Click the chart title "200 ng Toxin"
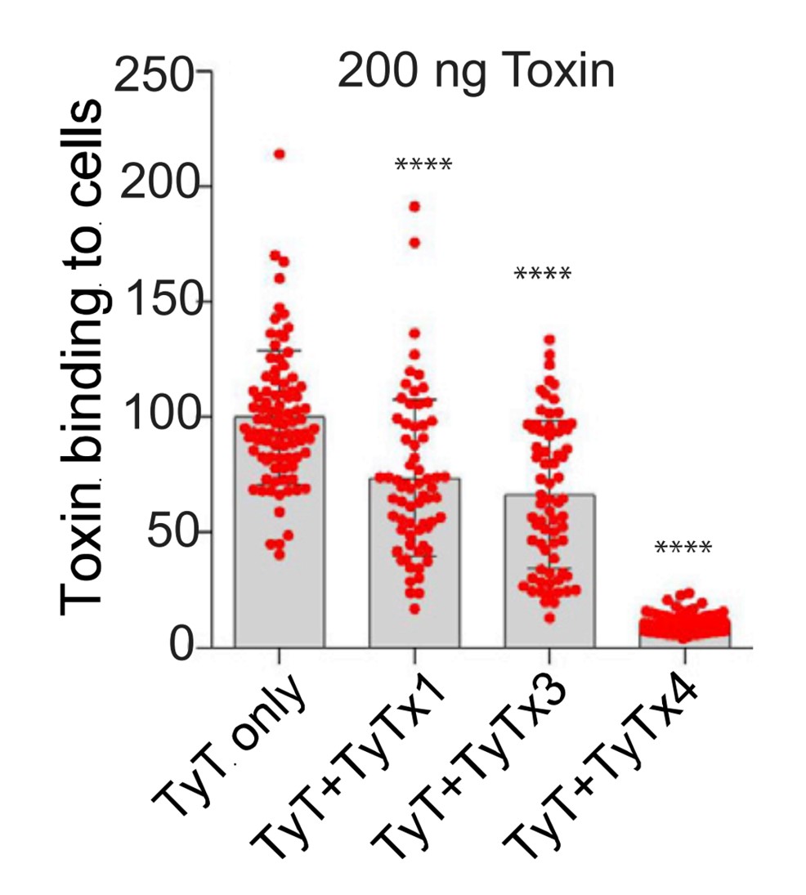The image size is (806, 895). (475, 74)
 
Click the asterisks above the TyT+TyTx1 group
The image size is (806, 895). (423, 166)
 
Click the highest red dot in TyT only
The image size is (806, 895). (279, 154)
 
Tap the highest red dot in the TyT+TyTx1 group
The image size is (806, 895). (414, 207)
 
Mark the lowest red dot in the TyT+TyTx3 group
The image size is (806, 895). (549, 618)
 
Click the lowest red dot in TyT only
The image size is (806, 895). (279, 555)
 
